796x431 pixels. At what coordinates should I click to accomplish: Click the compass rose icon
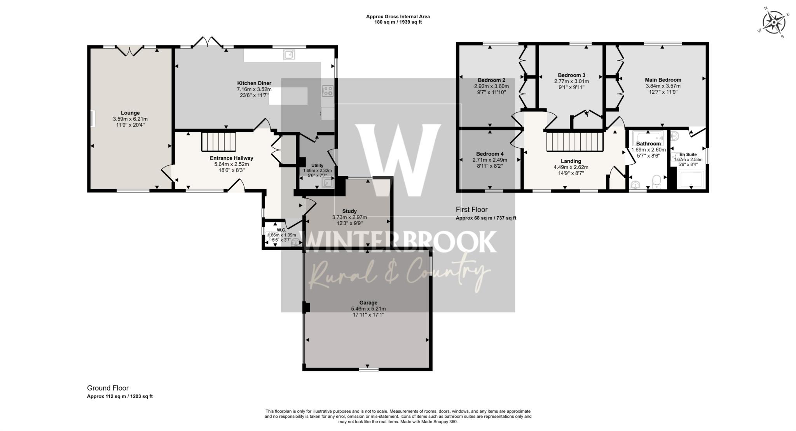pos(773,23)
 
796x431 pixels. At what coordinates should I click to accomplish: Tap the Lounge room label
pos(130,113)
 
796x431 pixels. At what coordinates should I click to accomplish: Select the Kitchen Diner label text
pos(254,83)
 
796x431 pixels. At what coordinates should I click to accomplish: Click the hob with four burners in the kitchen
pos(328,91)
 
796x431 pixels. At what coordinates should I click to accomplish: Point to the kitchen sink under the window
pos(289,55)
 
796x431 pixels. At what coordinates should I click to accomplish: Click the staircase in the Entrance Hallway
pos(218,142)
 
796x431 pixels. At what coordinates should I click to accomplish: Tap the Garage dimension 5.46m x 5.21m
pos(368,309)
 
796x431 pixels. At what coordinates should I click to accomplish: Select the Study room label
pos(349,211)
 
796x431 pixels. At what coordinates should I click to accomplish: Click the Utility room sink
pos(327,182)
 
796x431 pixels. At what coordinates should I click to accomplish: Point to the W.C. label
pos(282,230)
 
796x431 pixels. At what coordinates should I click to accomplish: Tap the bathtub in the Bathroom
pos(648,137)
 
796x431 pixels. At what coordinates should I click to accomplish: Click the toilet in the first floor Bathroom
pos(656,181)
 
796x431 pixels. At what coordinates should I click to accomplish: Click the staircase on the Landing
pos(574,142)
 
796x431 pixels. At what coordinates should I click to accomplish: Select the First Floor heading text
pos(471,210)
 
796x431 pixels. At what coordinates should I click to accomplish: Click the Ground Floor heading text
pos(108,388)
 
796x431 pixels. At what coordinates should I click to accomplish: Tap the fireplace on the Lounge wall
pos(93,119)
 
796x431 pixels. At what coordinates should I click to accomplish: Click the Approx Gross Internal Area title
pos(398,17)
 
